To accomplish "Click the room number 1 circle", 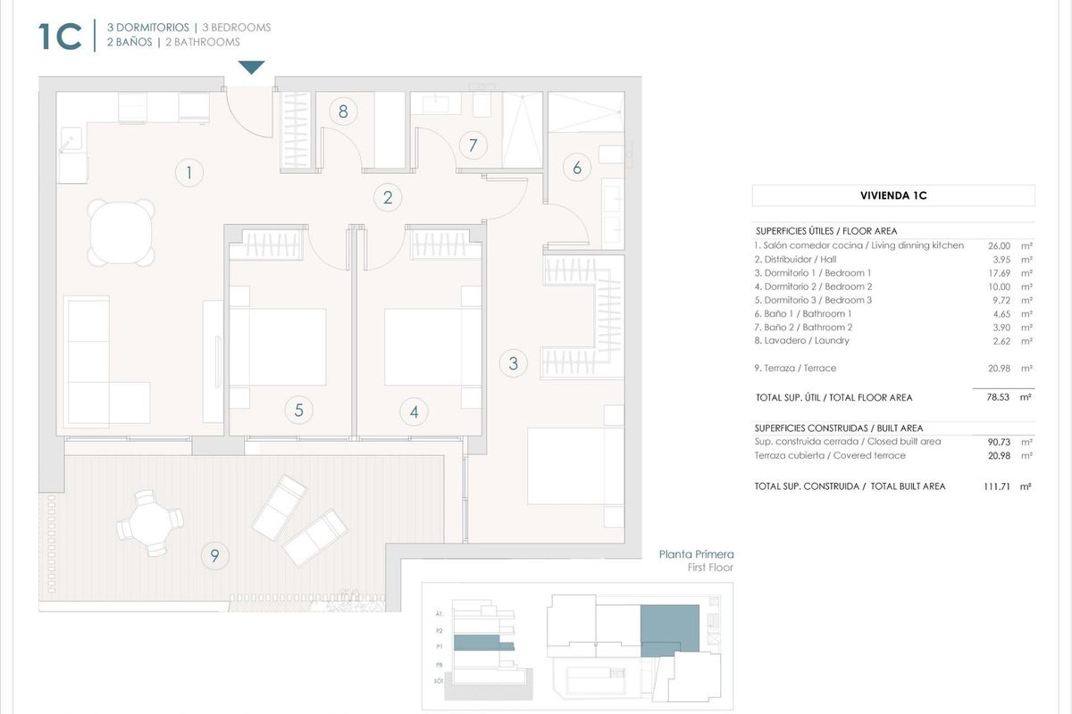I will click(x=188, y=171).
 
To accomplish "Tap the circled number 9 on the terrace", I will click(x=214, y=556).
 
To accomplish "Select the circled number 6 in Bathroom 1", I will click(x=577, y=167).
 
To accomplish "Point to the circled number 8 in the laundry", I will click(x=342, y=112).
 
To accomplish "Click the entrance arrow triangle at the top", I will click(x=251, y=68).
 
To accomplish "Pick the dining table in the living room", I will click(x=121, y=231).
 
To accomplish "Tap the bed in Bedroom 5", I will click(x=277, y=348).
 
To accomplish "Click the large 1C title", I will click(x=60, y=37).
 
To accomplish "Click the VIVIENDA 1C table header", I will click(x=892, y=195).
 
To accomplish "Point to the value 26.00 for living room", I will click(x=999, y=245).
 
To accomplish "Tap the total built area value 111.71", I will click(x=995, y=486).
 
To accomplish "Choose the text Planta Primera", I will click(x=696, y=554).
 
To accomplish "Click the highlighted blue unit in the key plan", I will click(x=670, y=625).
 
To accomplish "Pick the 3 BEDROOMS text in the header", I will click(x=236, y=28).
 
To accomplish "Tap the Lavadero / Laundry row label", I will click(x=801, y=340).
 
